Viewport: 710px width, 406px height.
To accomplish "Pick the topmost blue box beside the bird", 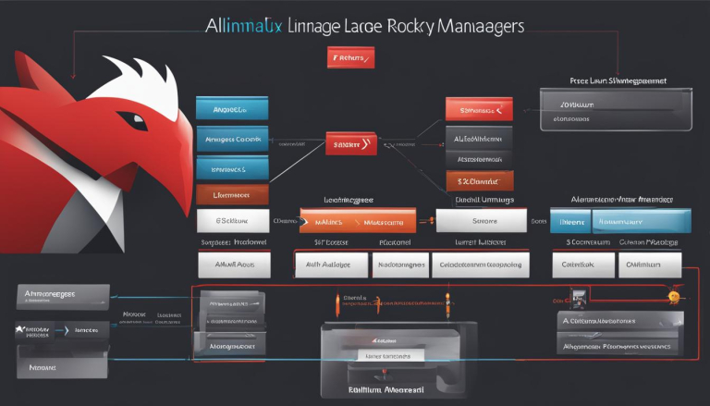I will (x=231, y=108).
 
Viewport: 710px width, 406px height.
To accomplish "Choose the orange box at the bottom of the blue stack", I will (x=231, y=194).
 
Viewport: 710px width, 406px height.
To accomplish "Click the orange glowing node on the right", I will (x=674, y=297).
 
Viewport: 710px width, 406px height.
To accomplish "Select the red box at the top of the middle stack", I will (x=479, y=109).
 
